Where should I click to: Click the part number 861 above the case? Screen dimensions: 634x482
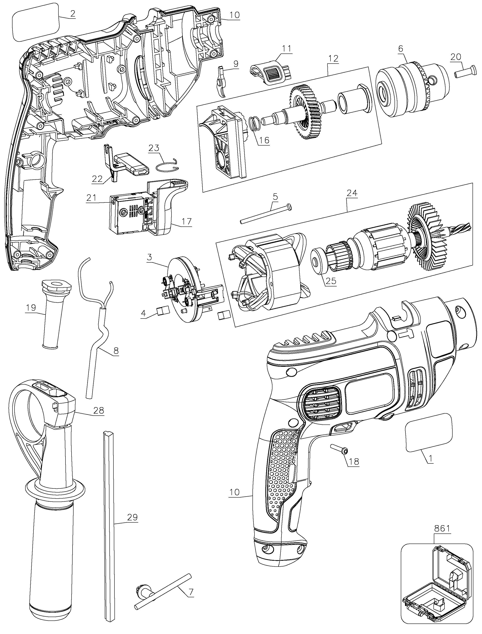(x=442, y=528)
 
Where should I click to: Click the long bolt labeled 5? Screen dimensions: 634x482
(x=265, y=213)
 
